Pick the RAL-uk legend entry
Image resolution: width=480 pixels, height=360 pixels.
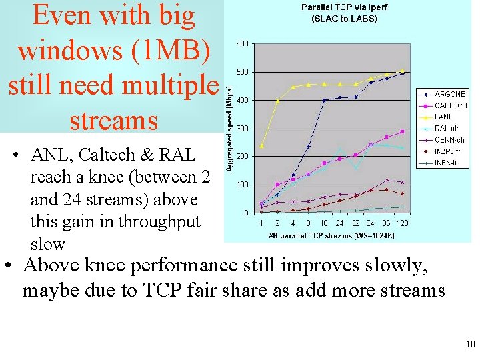pyautogui.click(x=448, y=128)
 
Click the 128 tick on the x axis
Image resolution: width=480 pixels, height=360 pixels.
pyautogui.click(x=402, y=223)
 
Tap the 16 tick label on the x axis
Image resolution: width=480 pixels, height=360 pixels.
pyautogui.click(x=324, y=223)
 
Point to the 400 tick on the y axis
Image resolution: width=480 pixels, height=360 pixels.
pyautogui.click(x=242, y=100)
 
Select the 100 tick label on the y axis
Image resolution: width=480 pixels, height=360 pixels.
pyautogui.click(x=242, y=185)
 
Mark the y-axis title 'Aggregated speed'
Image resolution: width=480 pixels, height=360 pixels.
pyautogui.click(x=229, y=129)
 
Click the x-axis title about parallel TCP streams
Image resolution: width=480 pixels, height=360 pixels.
pyautogui.click(x=324, y=235)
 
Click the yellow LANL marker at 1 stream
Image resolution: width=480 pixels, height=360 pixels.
pyautogui.click(x=262, y=146)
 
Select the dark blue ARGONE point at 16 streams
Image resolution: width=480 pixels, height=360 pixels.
pyautogui.click(x=324, y=101)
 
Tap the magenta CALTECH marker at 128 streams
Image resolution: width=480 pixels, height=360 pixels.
pyautogui.click(x=402, y=131)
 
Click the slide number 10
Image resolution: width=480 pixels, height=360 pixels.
pyautogui.click(x=471, y=345)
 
